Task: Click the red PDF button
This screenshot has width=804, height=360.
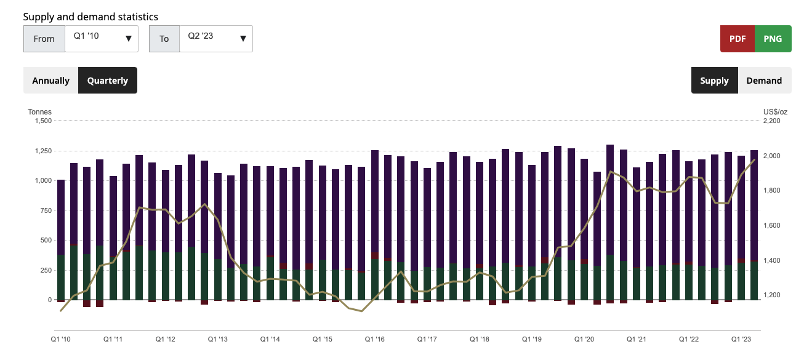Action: tap(737, 38)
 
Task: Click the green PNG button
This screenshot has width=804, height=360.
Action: tap(773, 38)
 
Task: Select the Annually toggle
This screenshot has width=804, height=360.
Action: tap(50, 81)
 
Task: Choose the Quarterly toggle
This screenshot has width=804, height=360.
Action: tap(108, 81)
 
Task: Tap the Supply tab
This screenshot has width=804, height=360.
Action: tap(714, 81)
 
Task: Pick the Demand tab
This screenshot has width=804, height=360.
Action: tap(764, 81)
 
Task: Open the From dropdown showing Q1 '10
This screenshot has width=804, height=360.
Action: tap(102, 38)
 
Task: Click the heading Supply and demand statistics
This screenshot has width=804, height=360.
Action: tap(90, 17)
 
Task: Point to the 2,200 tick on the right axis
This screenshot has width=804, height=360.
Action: tap(771, 121)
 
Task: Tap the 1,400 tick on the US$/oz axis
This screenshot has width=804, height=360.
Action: tap(771, 261)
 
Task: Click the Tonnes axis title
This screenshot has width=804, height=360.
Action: tap(39, 112)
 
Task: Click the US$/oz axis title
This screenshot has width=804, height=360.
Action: tap(775, 112)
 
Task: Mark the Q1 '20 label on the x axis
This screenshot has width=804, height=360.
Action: tap(584, 339)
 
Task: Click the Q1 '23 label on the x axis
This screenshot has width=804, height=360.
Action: tap(741, 339)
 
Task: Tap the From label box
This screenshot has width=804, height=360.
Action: tap(44, 39)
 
